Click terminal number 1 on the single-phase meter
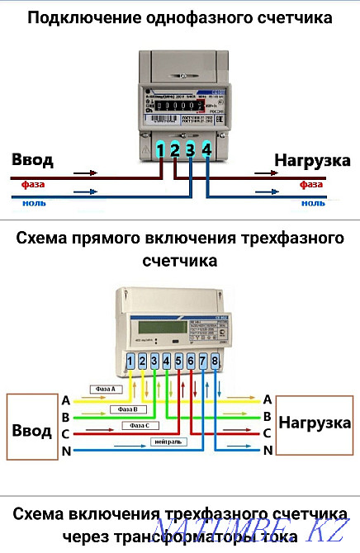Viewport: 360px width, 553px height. [162, 149]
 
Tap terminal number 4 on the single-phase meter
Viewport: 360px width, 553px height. [206, 149]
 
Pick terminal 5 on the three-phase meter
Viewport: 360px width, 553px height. [179, 361]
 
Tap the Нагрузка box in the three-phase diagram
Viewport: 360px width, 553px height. [314, 423]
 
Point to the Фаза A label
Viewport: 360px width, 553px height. [107, 388]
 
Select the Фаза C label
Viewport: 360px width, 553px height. [140, 426]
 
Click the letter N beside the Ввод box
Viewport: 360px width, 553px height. [65, 451]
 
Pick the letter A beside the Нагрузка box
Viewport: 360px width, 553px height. [267, 399]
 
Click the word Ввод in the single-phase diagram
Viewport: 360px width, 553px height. [35, 159]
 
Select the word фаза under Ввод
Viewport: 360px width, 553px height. [33, 185]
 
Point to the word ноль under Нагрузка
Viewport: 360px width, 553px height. [313, 202]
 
